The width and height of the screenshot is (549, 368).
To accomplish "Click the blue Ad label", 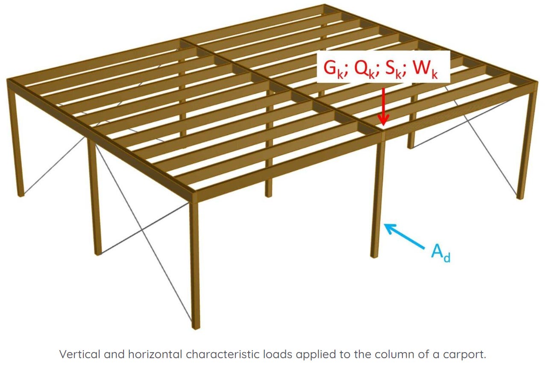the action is coord(440,254).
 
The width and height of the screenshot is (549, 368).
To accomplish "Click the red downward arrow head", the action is coord(383,121).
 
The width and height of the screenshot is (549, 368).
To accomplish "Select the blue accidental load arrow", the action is coord(404,236).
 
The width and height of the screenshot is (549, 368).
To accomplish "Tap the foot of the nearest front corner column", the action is coord(196,327).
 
